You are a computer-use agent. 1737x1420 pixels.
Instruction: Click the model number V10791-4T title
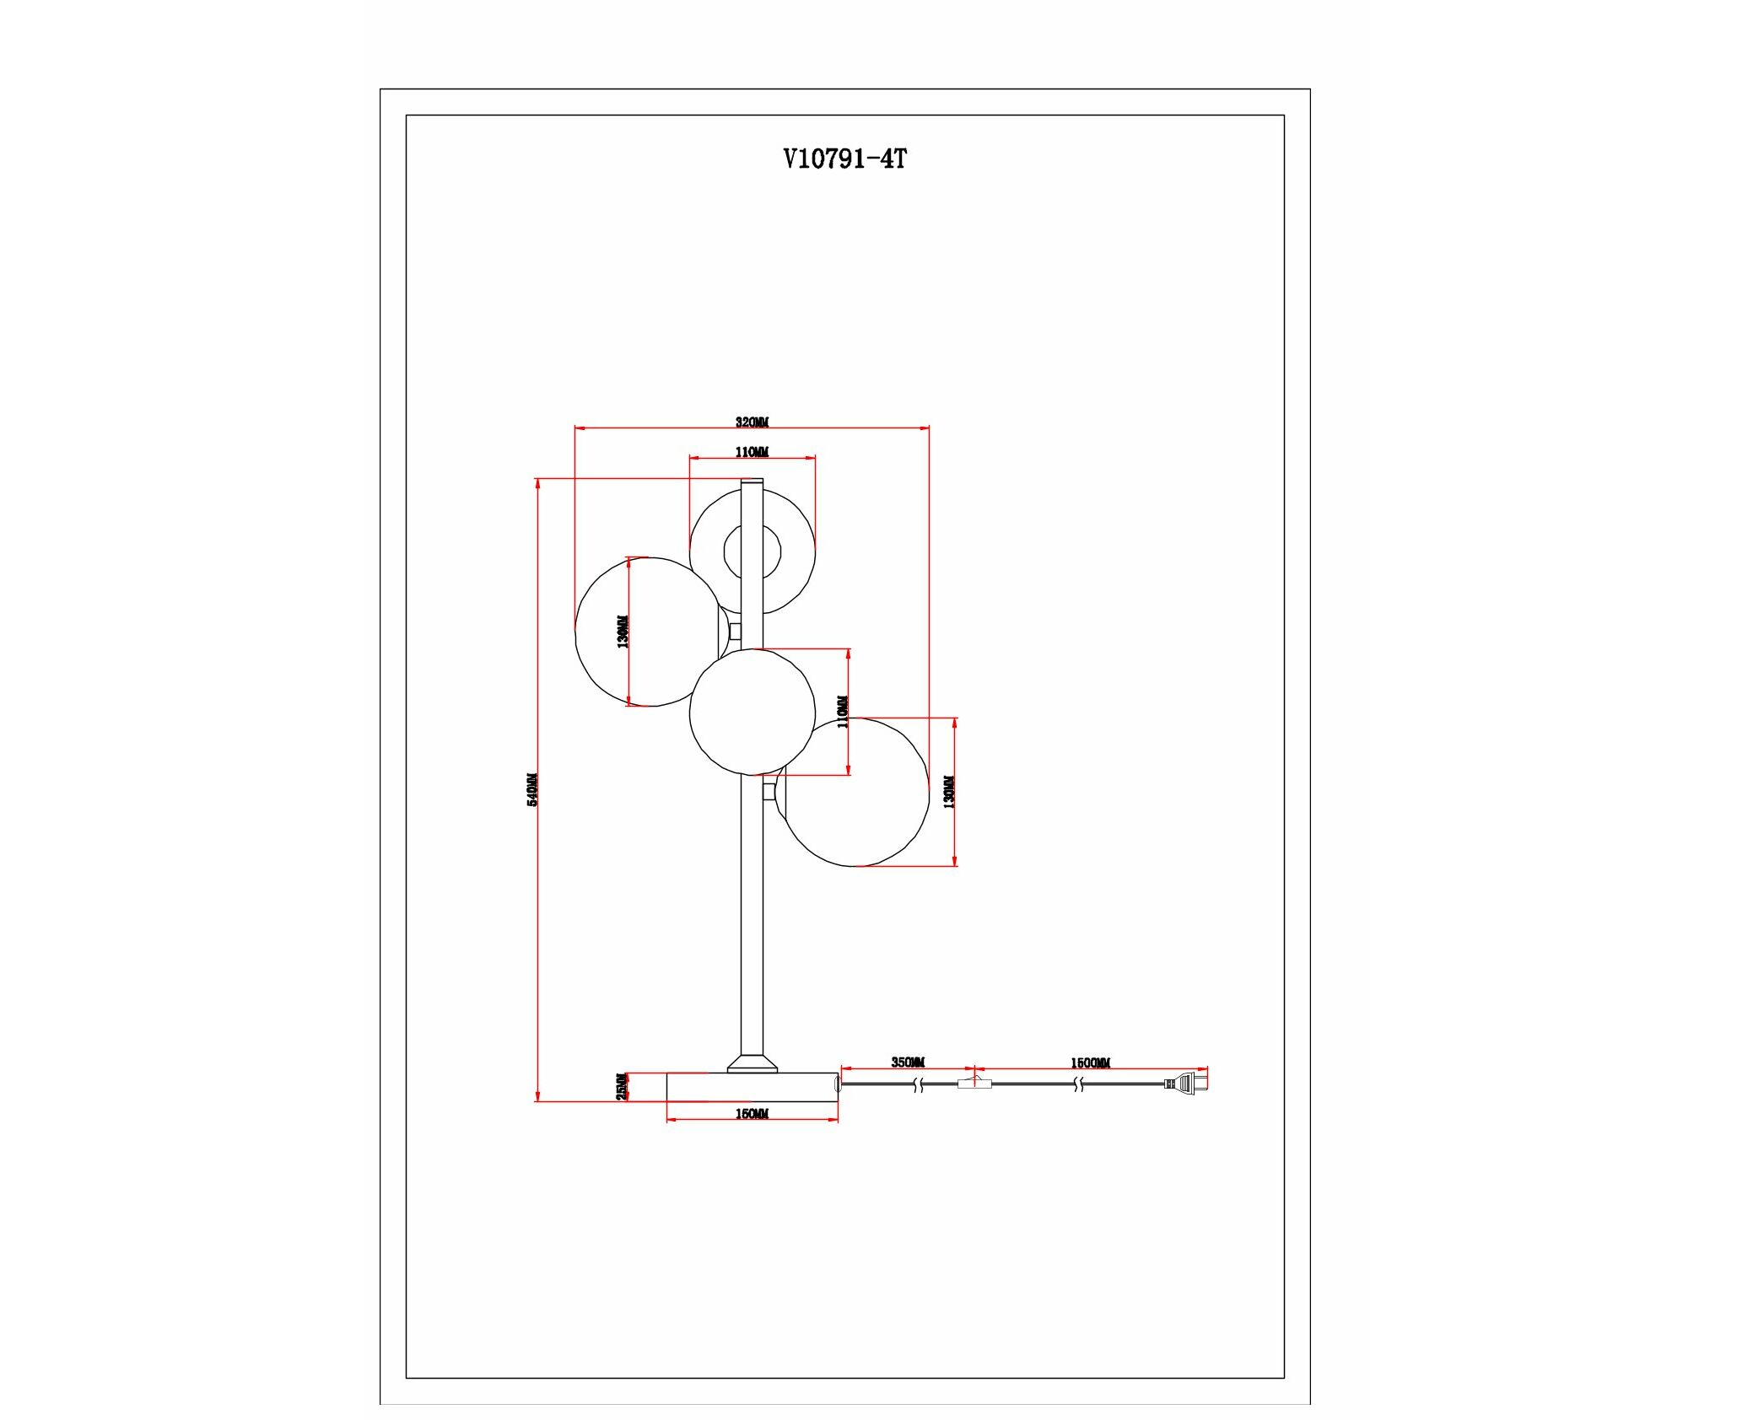(x=844, y=159)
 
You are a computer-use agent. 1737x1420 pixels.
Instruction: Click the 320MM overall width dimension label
(x=752, y=422)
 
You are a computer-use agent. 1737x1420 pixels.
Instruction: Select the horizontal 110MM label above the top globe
(x=752, y=452)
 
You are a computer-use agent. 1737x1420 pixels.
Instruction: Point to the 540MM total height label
(x=532, y=789)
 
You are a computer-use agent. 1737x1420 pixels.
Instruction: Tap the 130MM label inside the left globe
(x=623, y=631)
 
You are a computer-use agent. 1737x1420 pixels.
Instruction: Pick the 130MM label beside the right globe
(x=949, y=792)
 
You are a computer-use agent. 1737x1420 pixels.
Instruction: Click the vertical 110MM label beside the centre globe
(x=843, y=711)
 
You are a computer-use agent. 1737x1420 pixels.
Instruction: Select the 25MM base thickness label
(x=622, y=1086)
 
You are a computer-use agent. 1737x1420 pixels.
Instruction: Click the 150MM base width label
(x=752, y=1114)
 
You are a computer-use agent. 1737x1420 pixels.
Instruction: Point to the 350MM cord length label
(x=908, y=1062)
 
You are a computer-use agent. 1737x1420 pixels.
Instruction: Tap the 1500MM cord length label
(x=1090, y=1063)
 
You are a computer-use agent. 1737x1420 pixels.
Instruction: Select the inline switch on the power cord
(x=974, y=1084)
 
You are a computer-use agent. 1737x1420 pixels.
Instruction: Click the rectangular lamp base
(x=752, y=1087)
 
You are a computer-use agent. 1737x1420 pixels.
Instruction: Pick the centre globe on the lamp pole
(x=752, y=712)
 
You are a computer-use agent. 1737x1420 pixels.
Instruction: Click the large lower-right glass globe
(x=856, y=792)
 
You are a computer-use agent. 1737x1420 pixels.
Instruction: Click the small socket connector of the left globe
(x=735, y=631)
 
